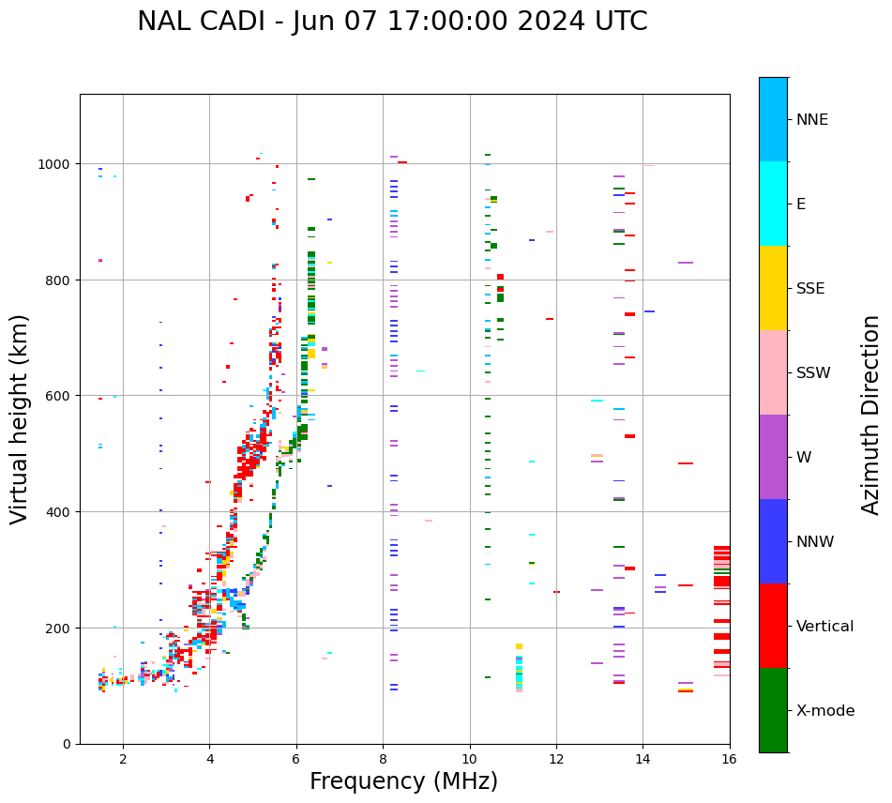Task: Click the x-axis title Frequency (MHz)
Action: (x=403, y=781)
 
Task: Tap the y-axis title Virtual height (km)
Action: (x=21, y=418)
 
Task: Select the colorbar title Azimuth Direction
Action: (x=871, y=415)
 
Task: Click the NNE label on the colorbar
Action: (x=812, y=120)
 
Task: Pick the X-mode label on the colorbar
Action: (x=825, y=711)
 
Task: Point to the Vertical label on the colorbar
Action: (x=825, y=627)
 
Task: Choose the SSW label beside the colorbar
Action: (x=813, y=373)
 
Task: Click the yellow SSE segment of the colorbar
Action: (x=773, y=288)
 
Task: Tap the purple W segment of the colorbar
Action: (x=773, y=457)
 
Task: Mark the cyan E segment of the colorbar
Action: (x=773, y=204)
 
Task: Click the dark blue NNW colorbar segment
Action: (x=773, y=541)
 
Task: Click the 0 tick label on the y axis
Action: (x=67, y=744)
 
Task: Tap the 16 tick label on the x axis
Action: (x=730, y=760)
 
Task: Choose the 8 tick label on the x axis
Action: (x=383, y=760)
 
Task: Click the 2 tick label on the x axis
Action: (x=123, y=760)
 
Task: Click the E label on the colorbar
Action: (x=801, y=205)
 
